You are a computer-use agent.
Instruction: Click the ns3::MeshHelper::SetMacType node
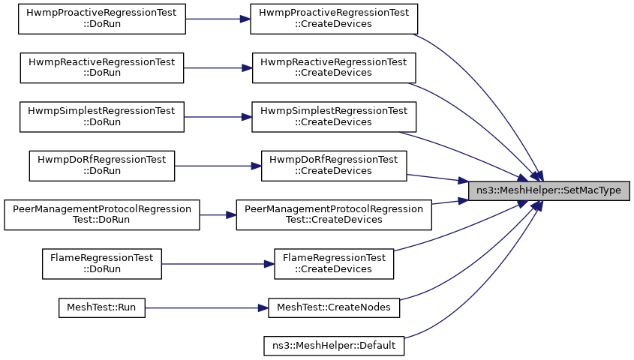click(x=548, y=190)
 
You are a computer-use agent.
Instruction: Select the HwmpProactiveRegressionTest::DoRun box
click(x=102, y=19)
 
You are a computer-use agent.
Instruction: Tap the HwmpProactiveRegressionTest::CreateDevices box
click(x=334, y=19)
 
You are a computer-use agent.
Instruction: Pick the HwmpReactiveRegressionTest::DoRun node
click(x=102, y=68)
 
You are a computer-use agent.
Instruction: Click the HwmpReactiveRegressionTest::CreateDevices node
click(x=334, y=68)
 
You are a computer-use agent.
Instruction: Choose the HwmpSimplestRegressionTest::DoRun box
click(x=102, y=117)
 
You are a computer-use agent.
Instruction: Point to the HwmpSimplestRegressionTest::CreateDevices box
click(x=334, y=117)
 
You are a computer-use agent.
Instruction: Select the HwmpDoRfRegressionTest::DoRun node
click(x=102, y=166)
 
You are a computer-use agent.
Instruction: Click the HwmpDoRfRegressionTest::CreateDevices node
click(x=334, y=166)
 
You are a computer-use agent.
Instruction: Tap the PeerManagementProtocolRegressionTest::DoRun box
click(x=102, y=215)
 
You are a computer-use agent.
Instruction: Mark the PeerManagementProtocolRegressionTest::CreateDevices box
click(x=334, y=215)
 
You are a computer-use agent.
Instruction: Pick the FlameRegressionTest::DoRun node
click(x=102, y=264)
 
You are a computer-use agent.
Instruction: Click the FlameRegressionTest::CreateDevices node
click(x=334, y=264)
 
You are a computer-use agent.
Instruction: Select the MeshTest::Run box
click(x=102, y=308)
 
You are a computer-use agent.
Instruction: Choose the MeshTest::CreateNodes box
click(x=334, y=308)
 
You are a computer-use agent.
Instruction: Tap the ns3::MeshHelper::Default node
click(x=334, y=346)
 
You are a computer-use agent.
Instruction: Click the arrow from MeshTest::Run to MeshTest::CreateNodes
click(x=206, y=308)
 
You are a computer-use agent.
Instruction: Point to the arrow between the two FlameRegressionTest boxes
click(x=218, y=264)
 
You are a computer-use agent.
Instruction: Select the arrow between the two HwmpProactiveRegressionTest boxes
click(x=218, y=19)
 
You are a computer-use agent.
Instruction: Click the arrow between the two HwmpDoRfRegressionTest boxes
click(x=218, y=166)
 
